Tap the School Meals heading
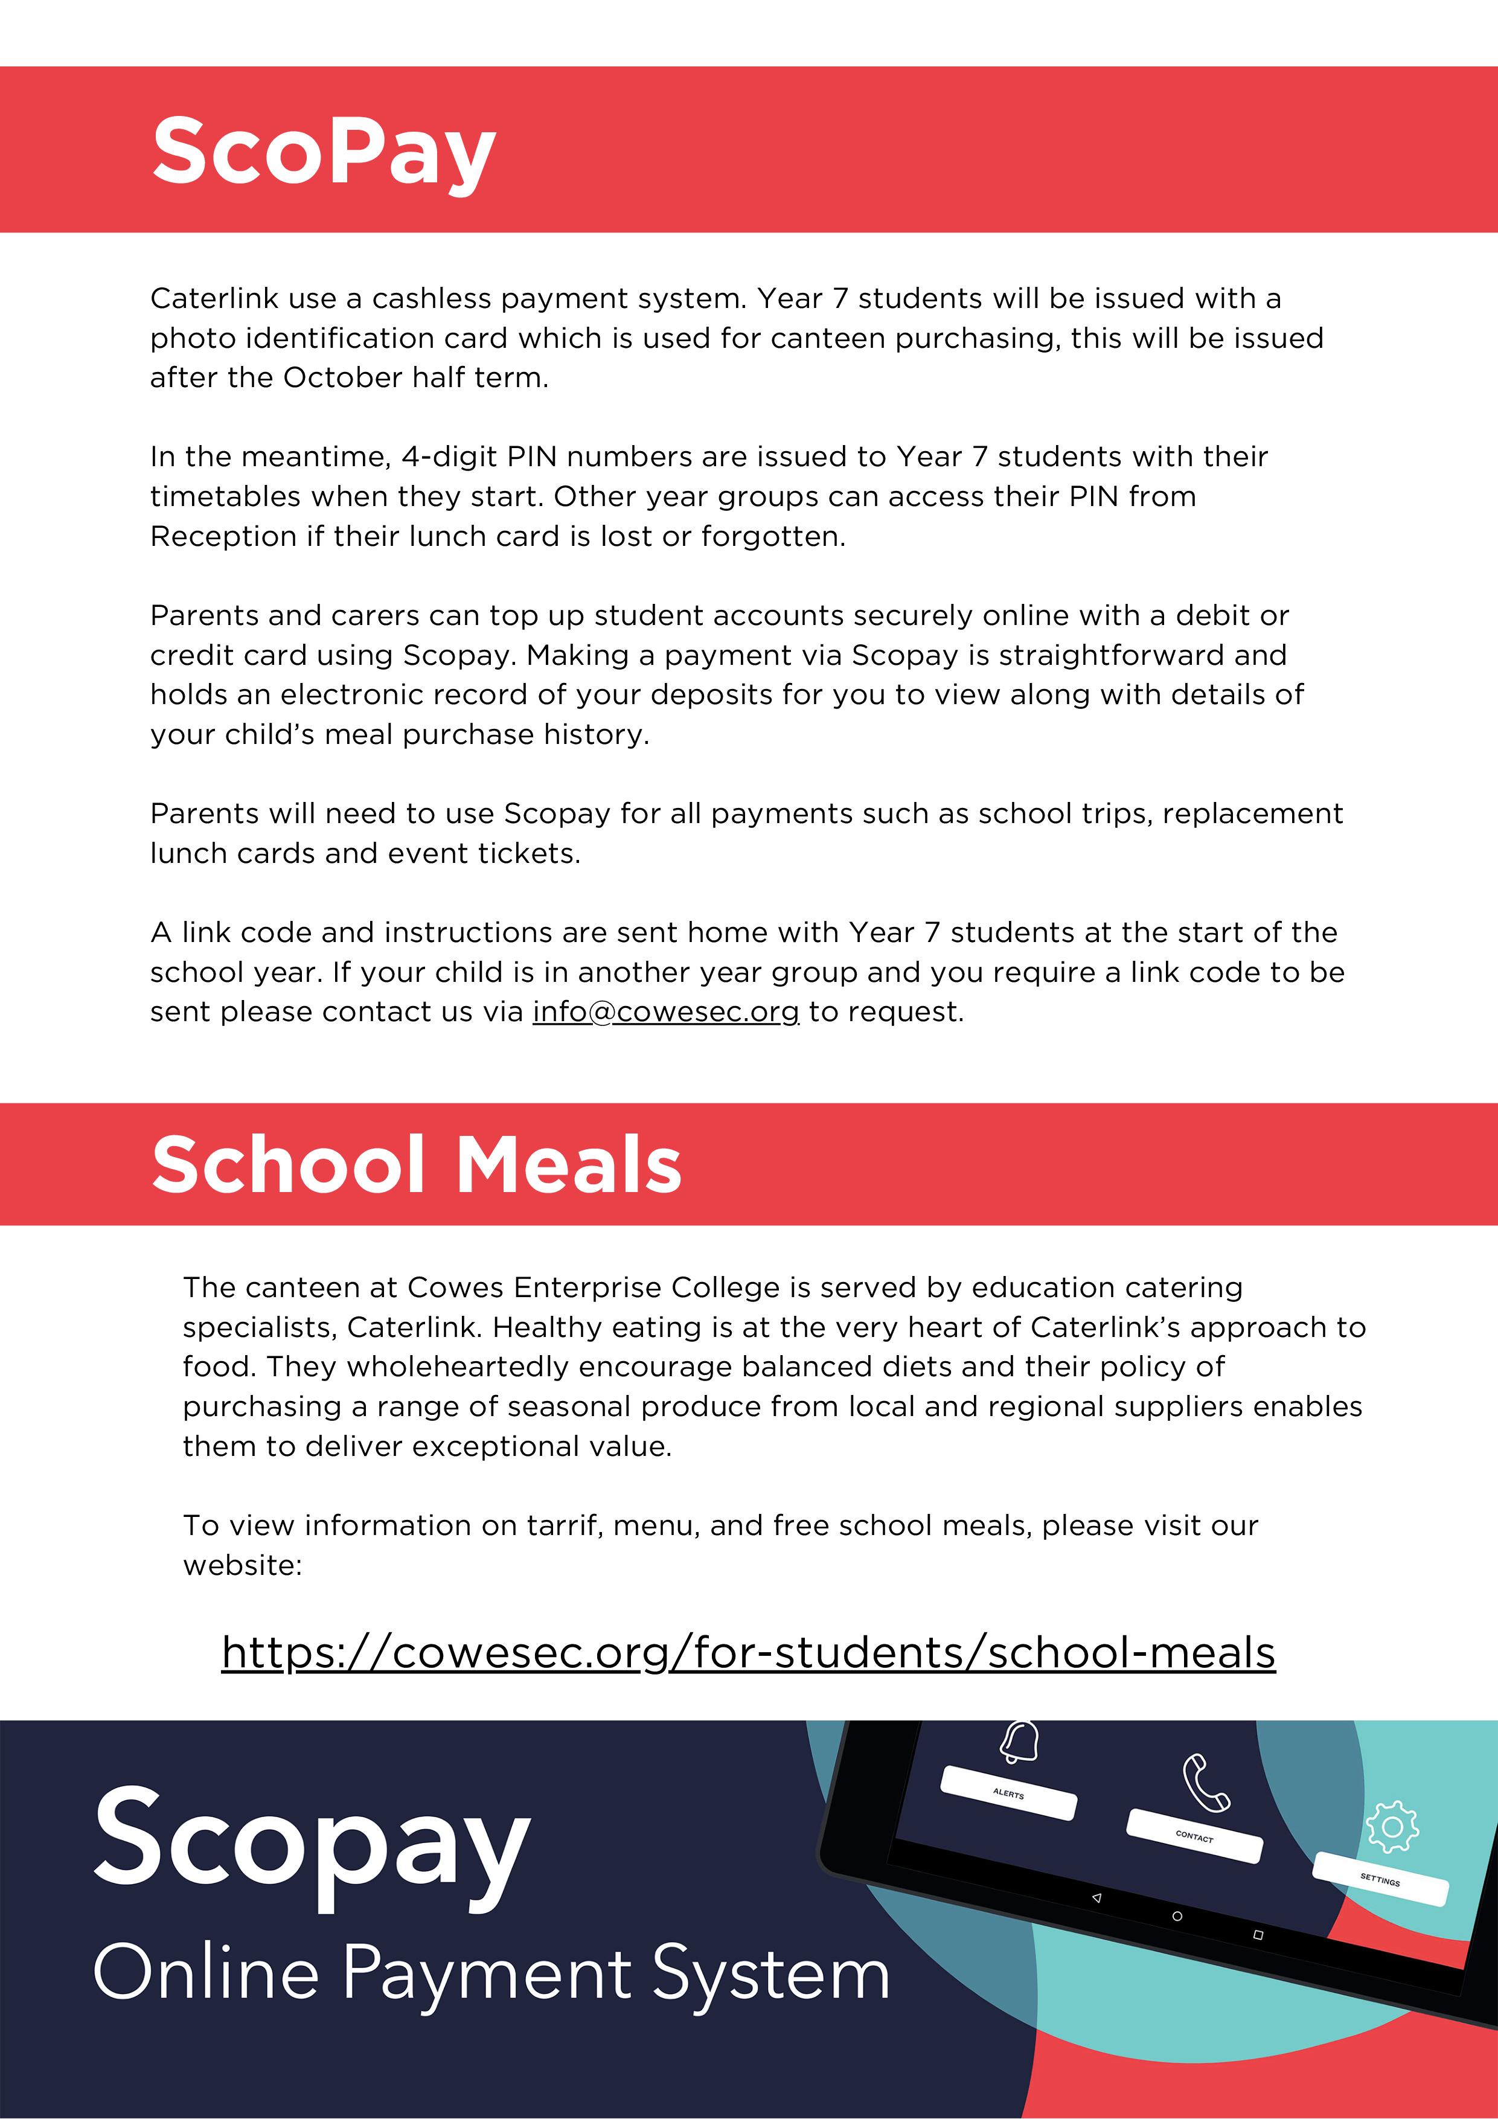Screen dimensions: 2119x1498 tap(416, 1165)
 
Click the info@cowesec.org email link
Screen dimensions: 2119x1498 tap(665, 1013)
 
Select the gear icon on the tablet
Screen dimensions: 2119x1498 tap(1392, 1827)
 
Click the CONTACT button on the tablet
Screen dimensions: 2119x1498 tap(1194, 1836)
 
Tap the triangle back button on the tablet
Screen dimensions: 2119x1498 tap(1096, 1897)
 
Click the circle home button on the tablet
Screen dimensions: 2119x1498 tap(1177, 1916)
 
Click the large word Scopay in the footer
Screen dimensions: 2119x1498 tap(312, 1841)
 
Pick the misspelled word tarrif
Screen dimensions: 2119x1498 tap(563, 1525)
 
